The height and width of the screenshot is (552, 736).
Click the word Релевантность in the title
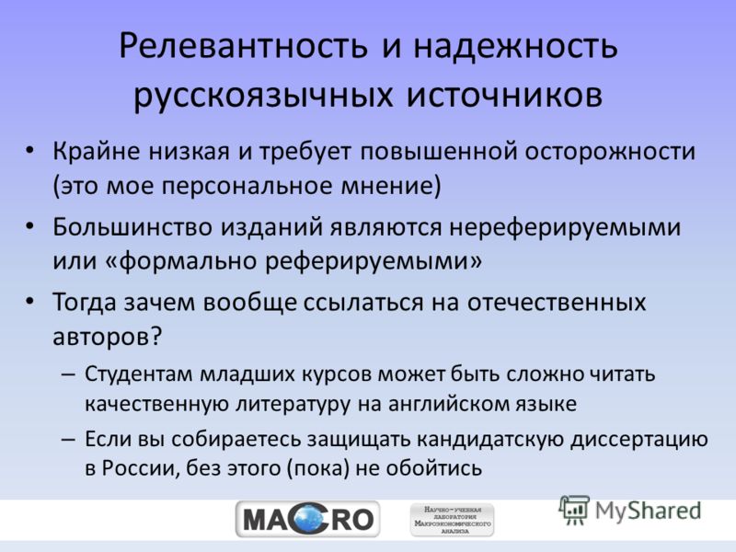[243, 47]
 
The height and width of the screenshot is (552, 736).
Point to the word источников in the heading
[504, 95]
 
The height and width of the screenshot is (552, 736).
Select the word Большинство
[132, 227]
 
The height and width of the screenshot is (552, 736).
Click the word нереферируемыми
[565, 228]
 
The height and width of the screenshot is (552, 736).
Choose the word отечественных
[557, 303]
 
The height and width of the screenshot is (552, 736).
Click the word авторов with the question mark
[107, 336]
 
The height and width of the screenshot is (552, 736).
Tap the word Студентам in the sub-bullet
[139, 374]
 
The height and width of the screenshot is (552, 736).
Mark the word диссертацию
[639, 441]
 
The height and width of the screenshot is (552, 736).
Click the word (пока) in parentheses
[318, 468]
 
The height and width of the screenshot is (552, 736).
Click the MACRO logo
[308, 520]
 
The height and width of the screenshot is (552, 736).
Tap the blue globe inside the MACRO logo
[308, 519]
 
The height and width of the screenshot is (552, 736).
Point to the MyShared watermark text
[648, 511]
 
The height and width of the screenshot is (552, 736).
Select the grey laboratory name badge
[453, 520]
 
